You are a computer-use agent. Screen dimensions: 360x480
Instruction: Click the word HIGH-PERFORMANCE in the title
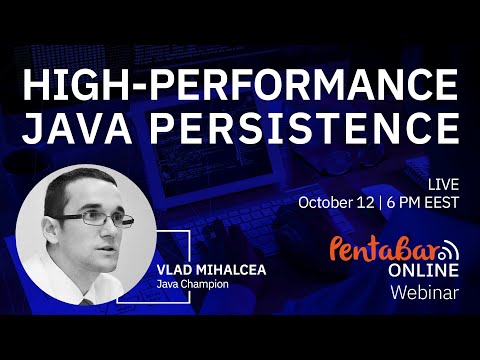click(x=240, y=87)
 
